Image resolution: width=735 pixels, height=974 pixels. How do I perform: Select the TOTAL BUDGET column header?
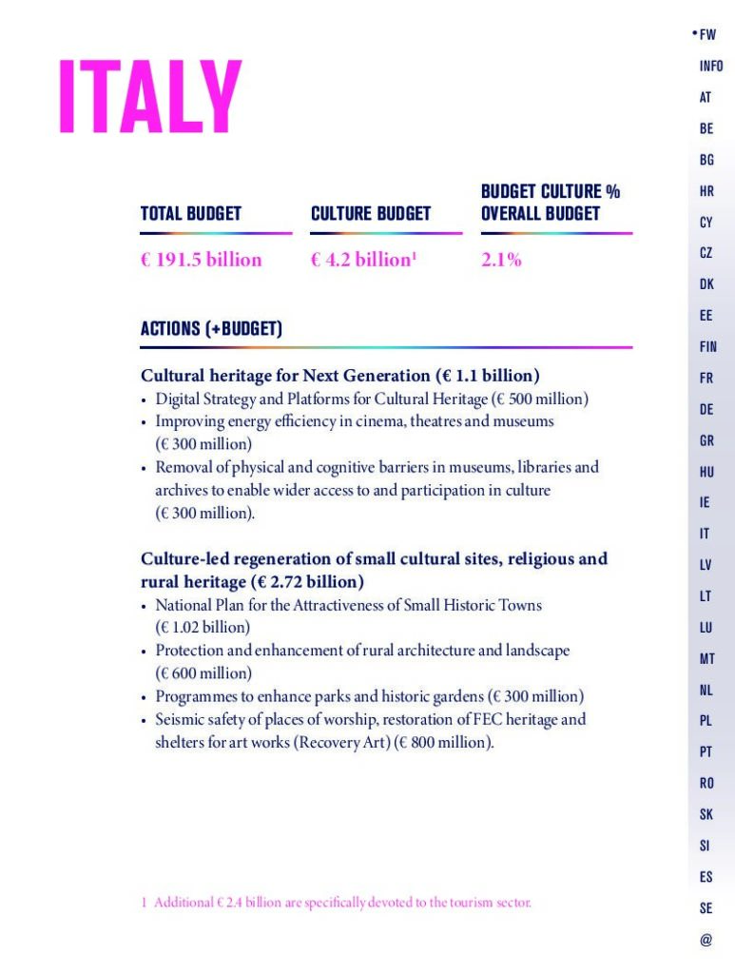click(190, 214)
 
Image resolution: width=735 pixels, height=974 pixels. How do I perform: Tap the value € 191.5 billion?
click(201, 260)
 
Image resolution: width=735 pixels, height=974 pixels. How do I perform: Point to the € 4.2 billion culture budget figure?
click(363, 260)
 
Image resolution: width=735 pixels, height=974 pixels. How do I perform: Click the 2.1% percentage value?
click(501, 260)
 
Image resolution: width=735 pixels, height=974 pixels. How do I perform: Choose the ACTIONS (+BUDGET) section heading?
click(211, 329)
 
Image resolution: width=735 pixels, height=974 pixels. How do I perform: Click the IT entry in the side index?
click(705, 534)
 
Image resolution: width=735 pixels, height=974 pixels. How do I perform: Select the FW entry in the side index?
click(707, 35)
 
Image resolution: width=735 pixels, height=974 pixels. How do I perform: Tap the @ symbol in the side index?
click(705, 940)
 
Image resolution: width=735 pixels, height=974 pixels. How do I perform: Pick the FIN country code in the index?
click(708, 347)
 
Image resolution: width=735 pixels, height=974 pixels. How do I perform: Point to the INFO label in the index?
click(710, 67)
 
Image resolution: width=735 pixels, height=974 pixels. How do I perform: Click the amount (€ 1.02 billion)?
click(203, 628)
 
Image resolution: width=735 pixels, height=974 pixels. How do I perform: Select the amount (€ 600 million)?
click(203, 673)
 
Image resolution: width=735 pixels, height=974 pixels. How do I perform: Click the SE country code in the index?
click(706, 908)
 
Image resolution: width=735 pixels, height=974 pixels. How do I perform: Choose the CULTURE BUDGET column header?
click(371, 214)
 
